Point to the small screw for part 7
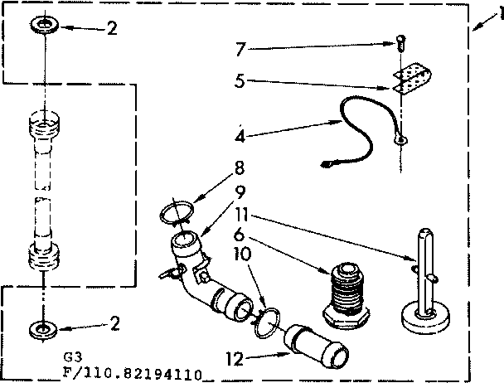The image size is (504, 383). pyautogui.click(x=401, y=40)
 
